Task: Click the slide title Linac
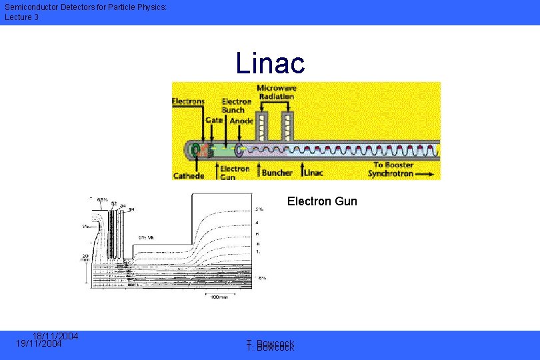point(270,63)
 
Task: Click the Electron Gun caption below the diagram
point(322,201)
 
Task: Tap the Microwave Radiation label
point(277,92)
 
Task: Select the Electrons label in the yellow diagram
point(189,101)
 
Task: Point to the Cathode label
point(189,175)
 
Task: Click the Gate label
point(214,121)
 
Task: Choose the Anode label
point(241,121)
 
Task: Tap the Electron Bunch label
point(237,105)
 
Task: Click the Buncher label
point(277,173)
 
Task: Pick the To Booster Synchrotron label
point(393,169)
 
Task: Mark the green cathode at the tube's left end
point(198,151)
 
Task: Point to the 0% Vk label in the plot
point(147,237)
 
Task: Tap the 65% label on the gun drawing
point(103,199)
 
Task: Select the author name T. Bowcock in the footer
point(270,345)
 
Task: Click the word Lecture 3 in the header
point(22,17)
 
